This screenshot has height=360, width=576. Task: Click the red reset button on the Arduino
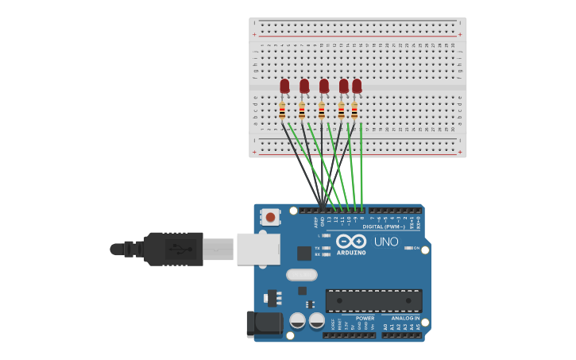tap(271, 217)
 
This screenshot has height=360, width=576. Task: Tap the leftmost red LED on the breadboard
tap(284, 86)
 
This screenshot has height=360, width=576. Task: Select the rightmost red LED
tap(357, 85)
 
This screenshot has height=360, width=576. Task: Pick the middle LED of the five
tap(323, 86)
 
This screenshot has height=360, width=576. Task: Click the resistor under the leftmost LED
tap(282, 110)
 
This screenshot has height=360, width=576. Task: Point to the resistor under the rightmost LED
tap(354, 110)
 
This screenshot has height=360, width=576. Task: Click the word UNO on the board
tap(386, 242)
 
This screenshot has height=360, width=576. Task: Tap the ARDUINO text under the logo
tap(350, 253)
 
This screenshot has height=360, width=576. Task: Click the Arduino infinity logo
tap(350, 242)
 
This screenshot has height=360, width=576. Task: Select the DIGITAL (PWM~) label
tap(384, 226)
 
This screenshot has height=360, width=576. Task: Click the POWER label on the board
tap(365, 318)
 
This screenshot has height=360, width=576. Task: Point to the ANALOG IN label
tap(405, 318)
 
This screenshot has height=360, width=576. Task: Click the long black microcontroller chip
tap(373, 300)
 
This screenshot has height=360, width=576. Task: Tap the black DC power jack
tap(264, 323)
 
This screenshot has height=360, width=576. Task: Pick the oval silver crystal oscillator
tap(301, 275)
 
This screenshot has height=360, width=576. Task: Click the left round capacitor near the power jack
tap(297, 320)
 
